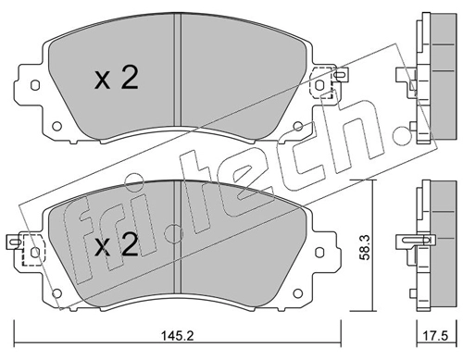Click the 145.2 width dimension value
point(178,336)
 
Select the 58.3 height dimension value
point(366,247)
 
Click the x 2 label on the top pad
point(117,78)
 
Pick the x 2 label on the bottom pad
point(117,244)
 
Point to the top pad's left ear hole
point(35,85)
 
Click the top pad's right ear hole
point(319,84)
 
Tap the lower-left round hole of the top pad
point(56,126)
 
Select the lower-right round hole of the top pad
point(298,126)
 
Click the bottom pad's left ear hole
point(35,253)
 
